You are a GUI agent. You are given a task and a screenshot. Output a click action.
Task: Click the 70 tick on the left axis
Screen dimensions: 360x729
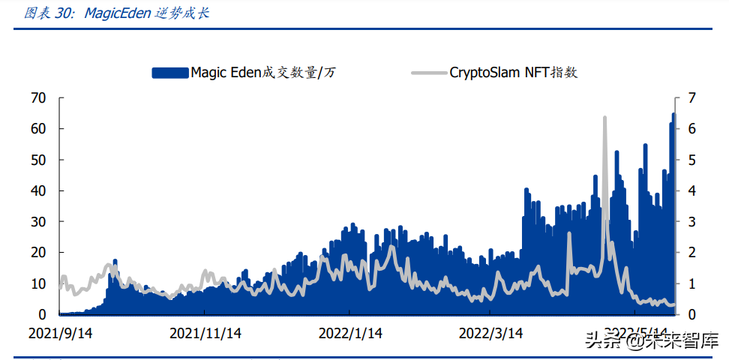click(37, 97)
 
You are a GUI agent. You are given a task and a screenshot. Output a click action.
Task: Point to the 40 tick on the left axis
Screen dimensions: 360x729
click(37, 190)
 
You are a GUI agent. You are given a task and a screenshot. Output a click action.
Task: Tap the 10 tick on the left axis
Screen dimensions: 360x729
click(37, 283)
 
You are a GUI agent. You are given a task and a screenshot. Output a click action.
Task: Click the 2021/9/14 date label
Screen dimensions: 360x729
click(61, 332)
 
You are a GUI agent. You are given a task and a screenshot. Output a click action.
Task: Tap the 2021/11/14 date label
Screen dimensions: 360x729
click(205, 332)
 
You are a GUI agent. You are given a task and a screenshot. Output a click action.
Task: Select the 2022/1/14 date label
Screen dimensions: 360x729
click(351, 332)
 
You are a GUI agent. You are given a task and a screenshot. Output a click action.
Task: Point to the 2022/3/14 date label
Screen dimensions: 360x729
click(491, 332)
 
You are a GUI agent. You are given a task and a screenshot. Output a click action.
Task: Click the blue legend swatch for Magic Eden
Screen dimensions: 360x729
click(169, 73)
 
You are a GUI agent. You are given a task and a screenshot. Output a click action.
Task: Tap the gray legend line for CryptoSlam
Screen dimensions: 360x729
click(429, 73)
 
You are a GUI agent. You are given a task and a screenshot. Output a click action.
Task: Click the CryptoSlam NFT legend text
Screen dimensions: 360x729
click(514, 73)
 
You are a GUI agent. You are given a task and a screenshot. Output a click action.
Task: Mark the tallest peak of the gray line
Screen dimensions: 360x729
click(604, 118)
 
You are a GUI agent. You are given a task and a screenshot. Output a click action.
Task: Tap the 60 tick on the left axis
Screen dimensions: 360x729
click(37, 128)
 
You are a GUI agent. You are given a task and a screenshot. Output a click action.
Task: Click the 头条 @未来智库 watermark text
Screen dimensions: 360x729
click(651, 342)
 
